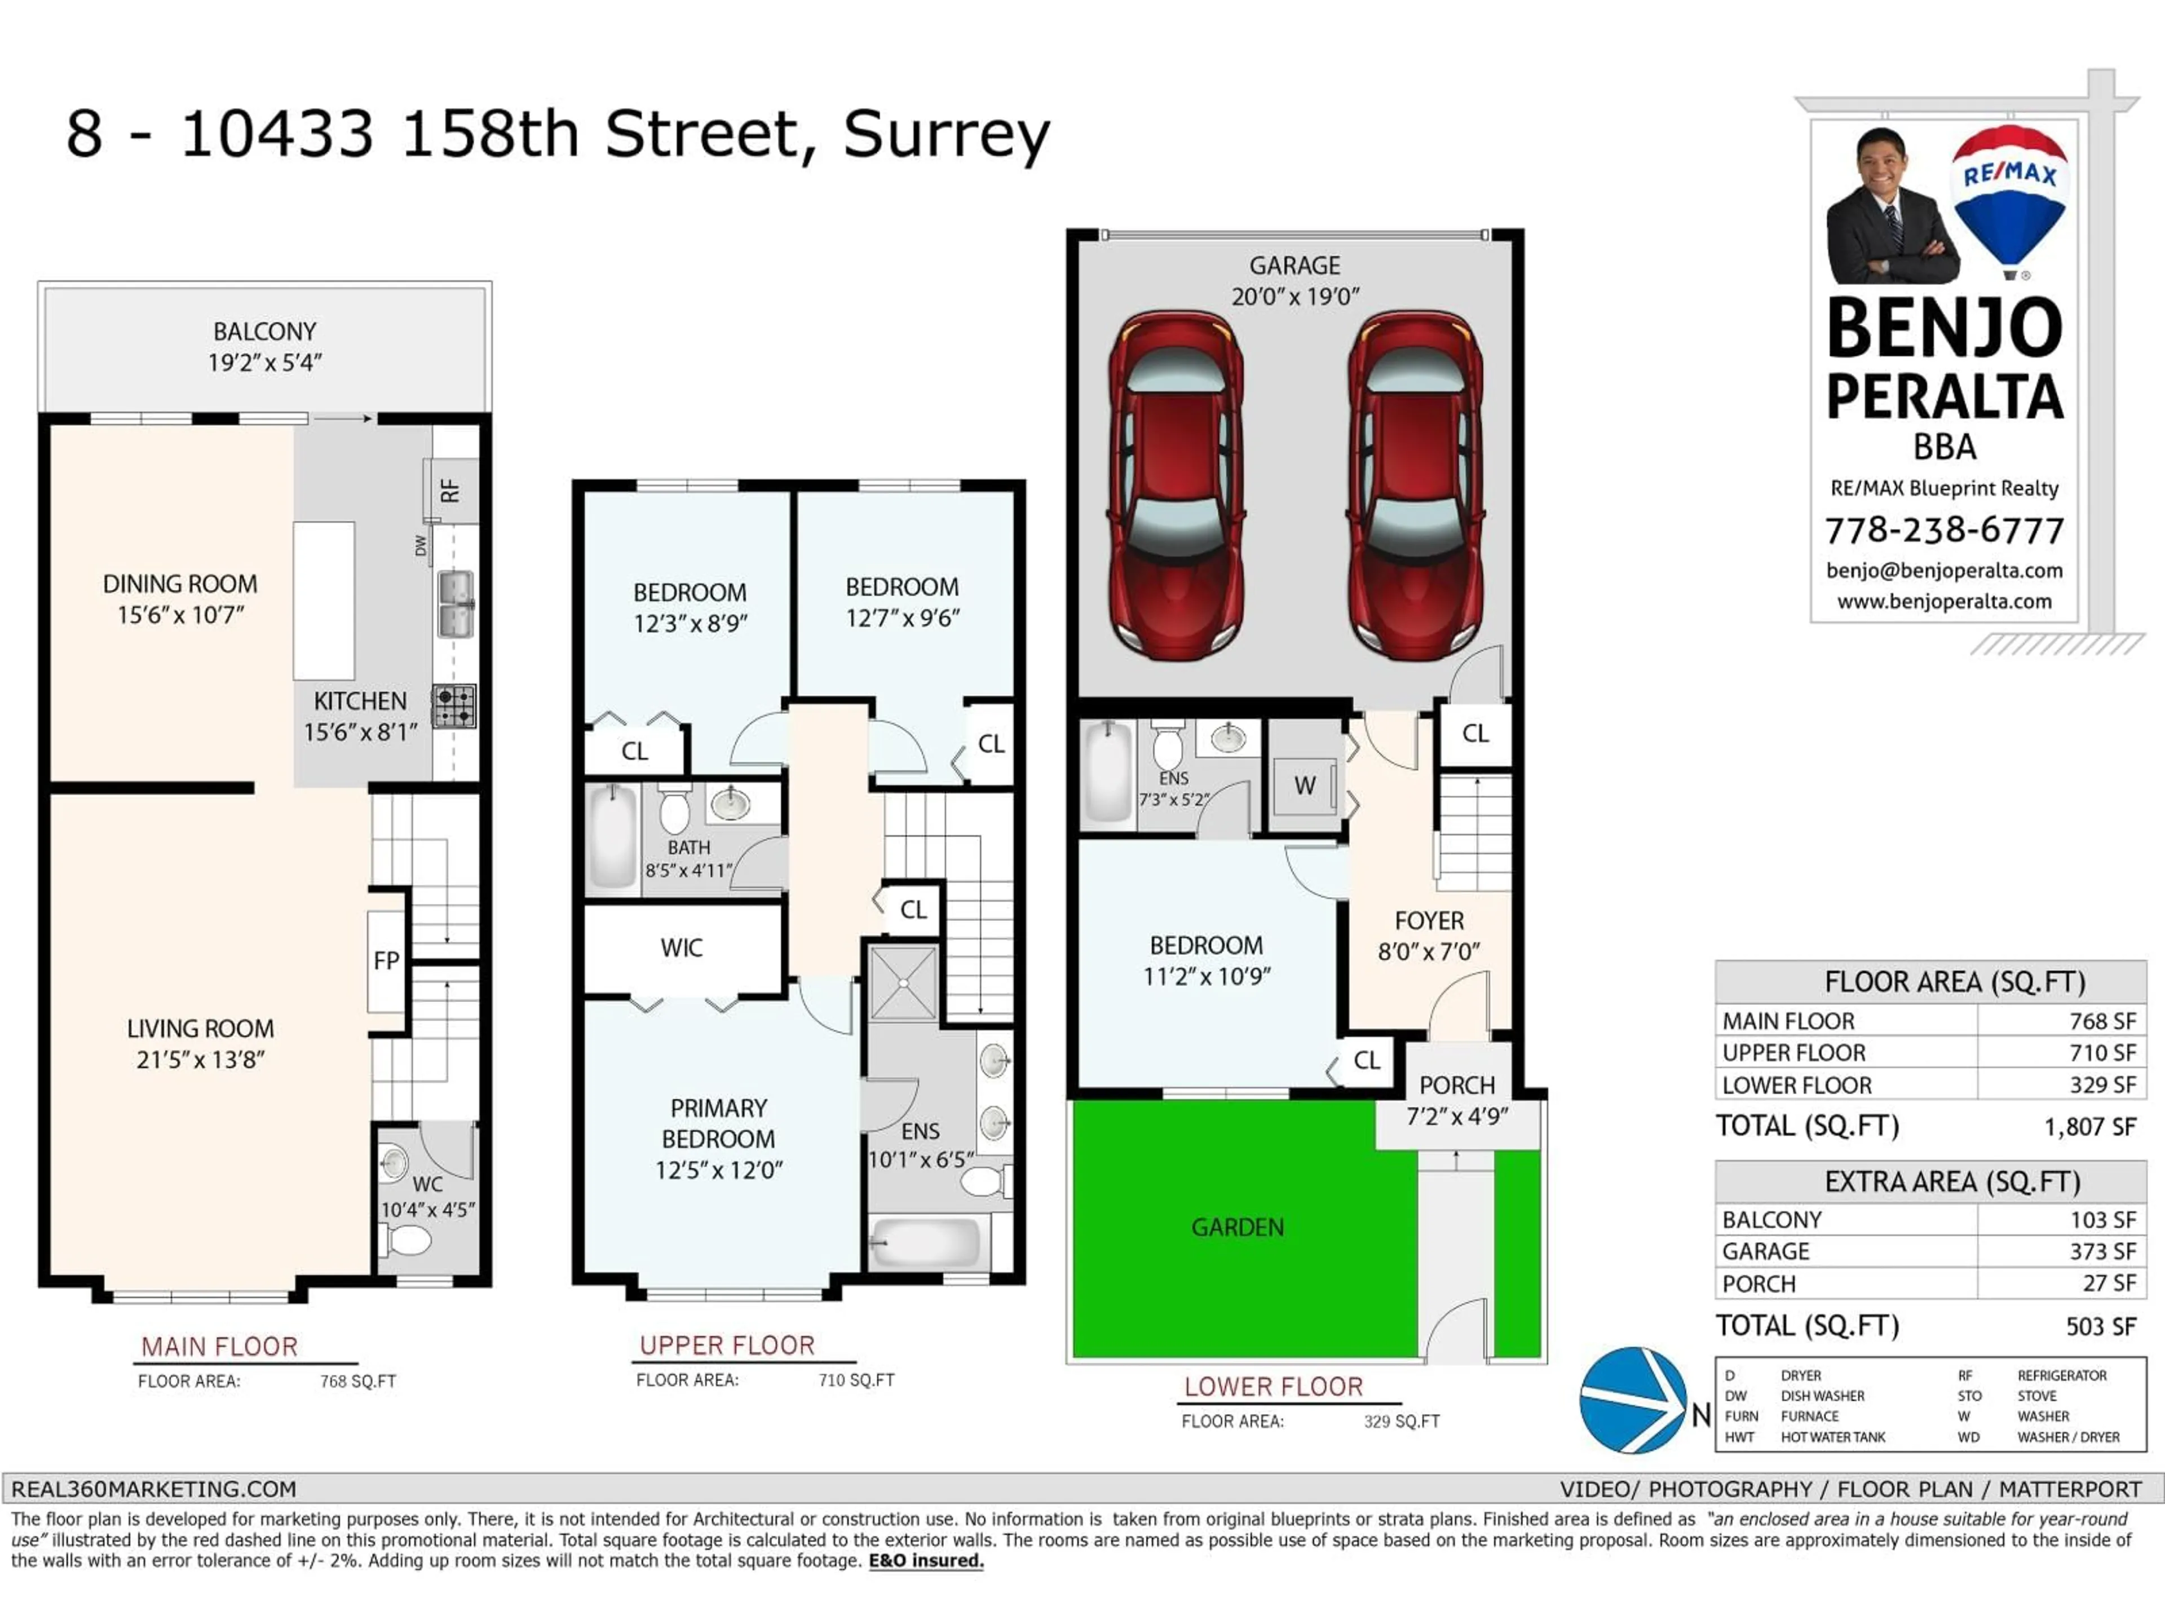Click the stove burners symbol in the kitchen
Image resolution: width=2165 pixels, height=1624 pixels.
click(454, 705)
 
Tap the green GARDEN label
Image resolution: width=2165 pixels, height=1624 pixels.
click(1237, 1226)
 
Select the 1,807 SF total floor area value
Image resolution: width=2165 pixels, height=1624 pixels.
click(2089, 1127)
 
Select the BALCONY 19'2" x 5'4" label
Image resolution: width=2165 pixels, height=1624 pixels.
click(264, 347)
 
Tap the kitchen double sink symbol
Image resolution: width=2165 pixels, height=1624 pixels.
click(455, 604)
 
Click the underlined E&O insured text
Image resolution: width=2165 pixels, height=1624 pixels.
click(925, 1560)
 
